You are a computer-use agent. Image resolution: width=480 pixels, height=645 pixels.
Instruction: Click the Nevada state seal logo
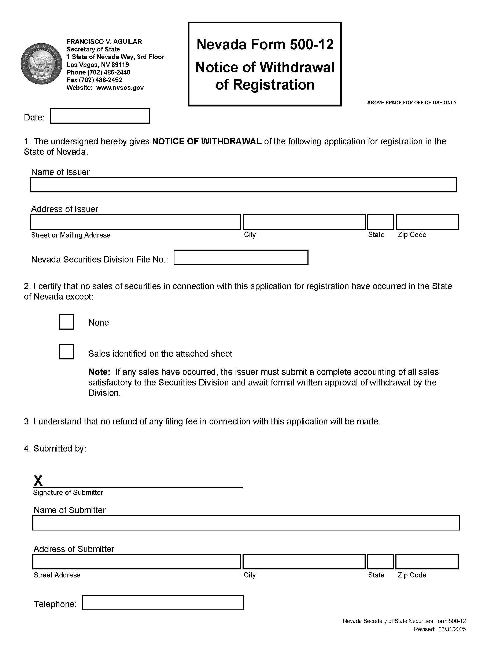pos(41,64)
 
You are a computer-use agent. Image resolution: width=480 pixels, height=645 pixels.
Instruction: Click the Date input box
pos(100,116)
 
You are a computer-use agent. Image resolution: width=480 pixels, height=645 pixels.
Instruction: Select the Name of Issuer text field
pos(243,184)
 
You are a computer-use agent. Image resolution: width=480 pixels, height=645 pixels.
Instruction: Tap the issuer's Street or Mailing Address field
pos(135,222)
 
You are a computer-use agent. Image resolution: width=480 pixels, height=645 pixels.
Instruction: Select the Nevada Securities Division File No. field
pos(241,257)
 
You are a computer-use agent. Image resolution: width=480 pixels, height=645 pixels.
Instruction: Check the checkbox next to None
pos(66,322)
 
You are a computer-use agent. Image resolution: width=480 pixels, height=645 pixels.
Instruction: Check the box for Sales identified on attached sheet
pos(66,352)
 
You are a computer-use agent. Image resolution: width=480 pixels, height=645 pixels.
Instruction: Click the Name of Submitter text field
pos(245,523)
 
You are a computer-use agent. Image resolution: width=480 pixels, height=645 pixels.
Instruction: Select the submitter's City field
pos(304,562)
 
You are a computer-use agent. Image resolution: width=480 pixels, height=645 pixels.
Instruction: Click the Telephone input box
pos(162,602)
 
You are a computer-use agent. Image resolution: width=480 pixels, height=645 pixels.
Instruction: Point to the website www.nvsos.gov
pos(120,88)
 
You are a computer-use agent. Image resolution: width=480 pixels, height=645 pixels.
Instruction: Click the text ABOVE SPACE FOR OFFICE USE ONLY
pos(411,103)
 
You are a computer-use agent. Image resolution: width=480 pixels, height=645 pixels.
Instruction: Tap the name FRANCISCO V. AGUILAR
pos(104,41)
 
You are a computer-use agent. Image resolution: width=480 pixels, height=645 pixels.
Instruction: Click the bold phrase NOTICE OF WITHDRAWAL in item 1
pos(207,141)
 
